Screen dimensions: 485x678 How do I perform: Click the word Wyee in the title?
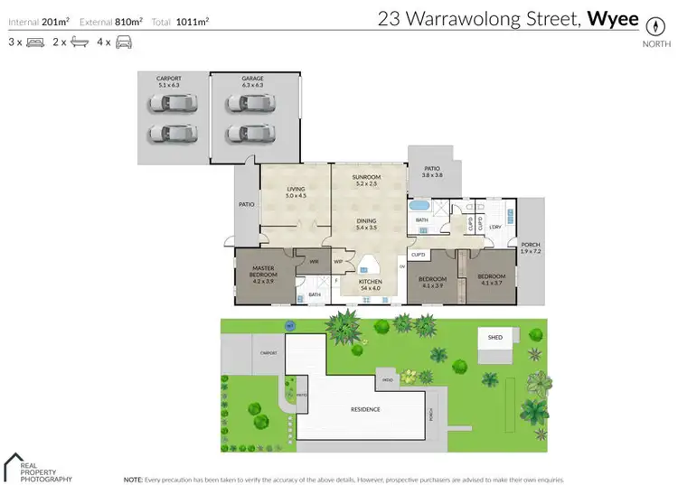point(613,17)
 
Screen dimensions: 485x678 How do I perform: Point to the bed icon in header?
point(36,42)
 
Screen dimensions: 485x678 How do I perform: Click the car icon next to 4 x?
point(125,42)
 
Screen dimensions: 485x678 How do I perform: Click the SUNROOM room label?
point(366,180)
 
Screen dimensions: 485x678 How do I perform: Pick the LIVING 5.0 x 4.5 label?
point(297,191)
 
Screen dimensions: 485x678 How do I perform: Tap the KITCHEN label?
point(371,284)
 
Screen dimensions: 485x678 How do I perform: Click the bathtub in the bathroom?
point(421,205)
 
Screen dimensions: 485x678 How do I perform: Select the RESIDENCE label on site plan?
point(364,409)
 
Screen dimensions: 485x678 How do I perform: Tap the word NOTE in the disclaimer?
point(133,479)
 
